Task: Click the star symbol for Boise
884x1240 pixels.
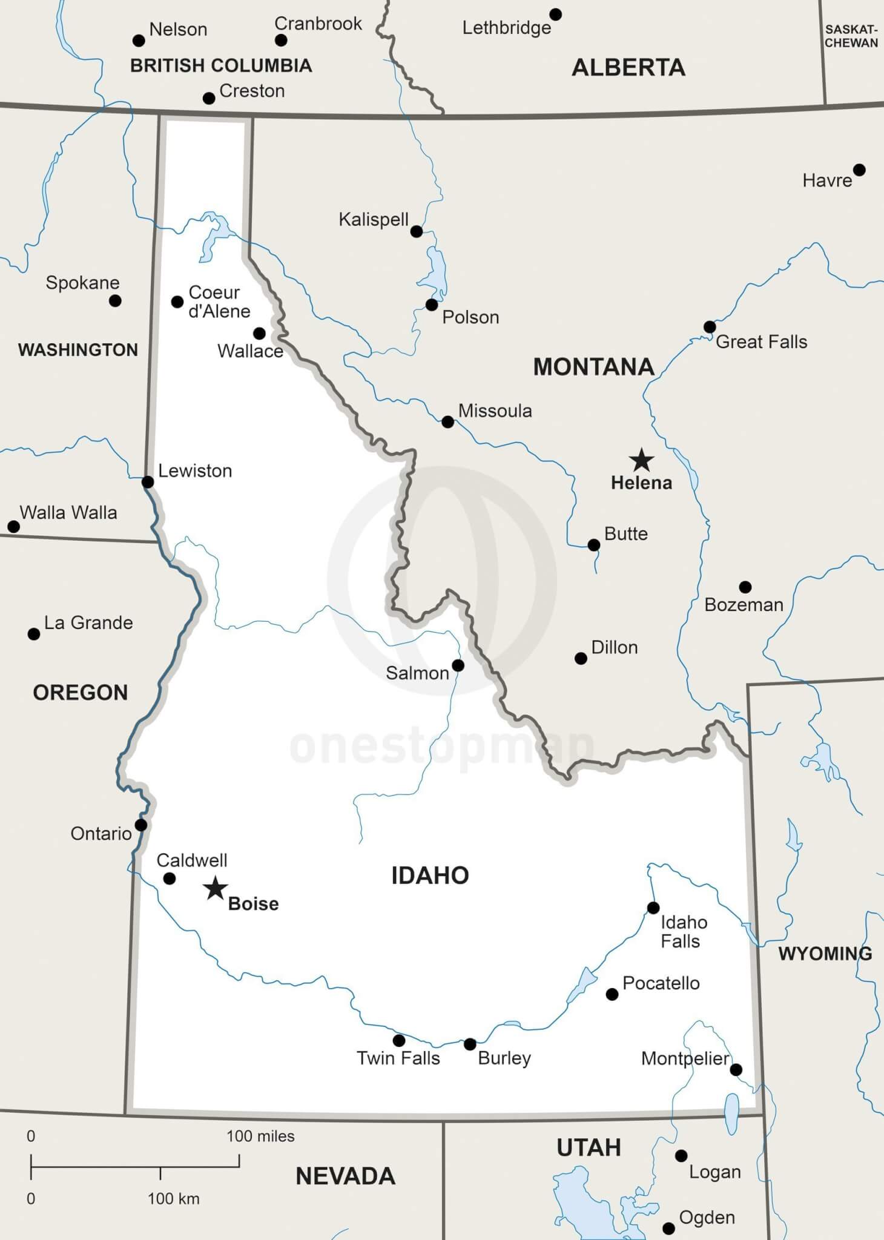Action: (x=215, y=889)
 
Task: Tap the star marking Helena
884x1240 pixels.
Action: (x=641, y=460)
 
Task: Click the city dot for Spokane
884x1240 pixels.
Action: (x=115, y=300)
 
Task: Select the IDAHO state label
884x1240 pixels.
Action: (x=430, y=876)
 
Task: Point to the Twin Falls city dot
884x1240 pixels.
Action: (x=399, y=1040)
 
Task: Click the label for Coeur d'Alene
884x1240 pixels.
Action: (x=219, y=302)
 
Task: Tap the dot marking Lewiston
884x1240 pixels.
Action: (x=148, y=482)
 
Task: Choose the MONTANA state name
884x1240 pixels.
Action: (x=593, y=367)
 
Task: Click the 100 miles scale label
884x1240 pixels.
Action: (x=260, y=1136)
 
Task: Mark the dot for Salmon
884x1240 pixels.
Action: (x=458, y=665)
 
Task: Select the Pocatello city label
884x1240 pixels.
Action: (x=661, y=983)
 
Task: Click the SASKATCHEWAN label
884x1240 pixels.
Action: (x=851, y=36)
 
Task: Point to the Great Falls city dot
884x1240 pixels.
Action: (x=710, y=327)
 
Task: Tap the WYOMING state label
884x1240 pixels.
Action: (x=825, y=954)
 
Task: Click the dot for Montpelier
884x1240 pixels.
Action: (x=736, y=1070)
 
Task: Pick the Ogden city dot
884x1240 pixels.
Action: (x=668, y=1228)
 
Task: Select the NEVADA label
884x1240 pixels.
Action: (x=345, y=1176)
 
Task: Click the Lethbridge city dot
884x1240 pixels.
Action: (x=555, y=14)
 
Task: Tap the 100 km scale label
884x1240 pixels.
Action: (x=173, y=1199)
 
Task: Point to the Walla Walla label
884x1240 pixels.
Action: (x=68, y=513)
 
